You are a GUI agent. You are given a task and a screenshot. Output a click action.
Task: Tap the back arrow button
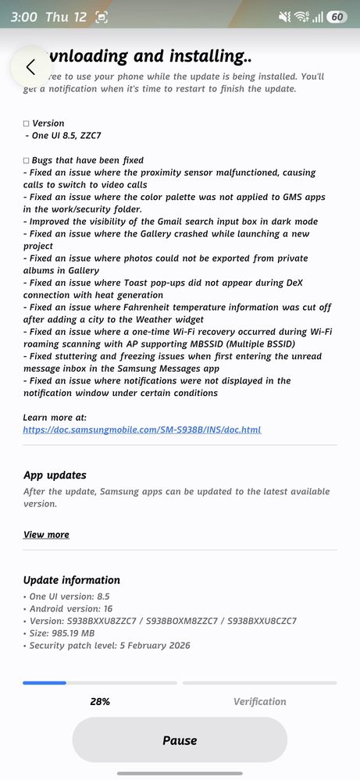coord(30,67)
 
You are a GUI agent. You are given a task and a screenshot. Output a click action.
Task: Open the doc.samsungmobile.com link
coord(142,429)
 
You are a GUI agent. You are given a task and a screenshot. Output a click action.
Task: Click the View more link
coord(46,534)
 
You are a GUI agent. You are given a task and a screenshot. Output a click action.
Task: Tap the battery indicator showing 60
coord(337,16)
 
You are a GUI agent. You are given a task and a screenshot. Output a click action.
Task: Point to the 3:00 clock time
coord(24,16)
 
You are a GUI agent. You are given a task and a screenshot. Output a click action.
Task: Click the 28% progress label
coord(100,701)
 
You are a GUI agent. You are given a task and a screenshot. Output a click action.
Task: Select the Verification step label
coord(259,701)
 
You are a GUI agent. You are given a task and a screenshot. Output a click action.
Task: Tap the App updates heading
coord(55,475)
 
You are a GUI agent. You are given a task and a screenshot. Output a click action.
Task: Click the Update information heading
coord(72,580)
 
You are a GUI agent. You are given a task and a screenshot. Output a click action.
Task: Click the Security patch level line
coord(109,646)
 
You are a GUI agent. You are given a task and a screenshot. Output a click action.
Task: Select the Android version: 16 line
coord(71,608)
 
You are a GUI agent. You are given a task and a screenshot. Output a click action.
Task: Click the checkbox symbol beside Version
coord(27,123)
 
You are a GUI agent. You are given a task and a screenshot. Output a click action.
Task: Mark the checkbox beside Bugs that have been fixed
coord(27,160)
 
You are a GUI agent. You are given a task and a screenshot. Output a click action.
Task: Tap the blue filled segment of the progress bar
coord(45,682)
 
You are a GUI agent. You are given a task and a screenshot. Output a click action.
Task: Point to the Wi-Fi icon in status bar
coord(301,16)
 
